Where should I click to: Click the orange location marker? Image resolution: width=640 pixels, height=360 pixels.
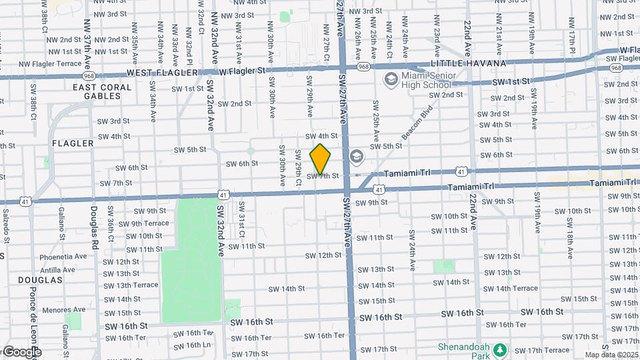(321, 159)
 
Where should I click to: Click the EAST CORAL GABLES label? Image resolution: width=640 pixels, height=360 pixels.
(97, 91)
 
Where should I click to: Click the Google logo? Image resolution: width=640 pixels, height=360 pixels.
(21, 351)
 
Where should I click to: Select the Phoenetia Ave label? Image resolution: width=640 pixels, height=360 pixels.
(63, 256)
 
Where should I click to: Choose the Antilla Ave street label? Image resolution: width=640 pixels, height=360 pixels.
(63, 270)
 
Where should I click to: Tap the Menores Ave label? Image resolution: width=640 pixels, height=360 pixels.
(63, 309)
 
